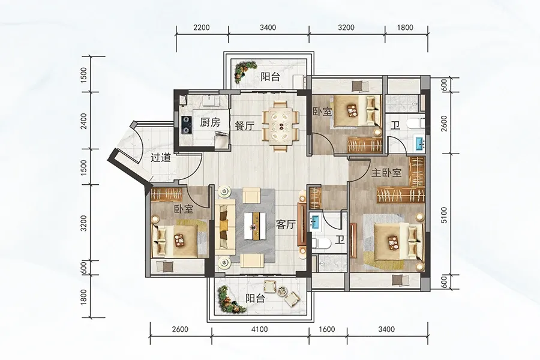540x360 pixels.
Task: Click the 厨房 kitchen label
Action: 210,122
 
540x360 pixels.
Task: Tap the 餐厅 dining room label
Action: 244,125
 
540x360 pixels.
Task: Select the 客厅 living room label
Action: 286,225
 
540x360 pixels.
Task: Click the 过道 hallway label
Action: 160,159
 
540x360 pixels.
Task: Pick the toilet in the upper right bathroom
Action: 414,125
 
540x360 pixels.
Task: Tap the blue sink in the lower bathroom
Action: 314,221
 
